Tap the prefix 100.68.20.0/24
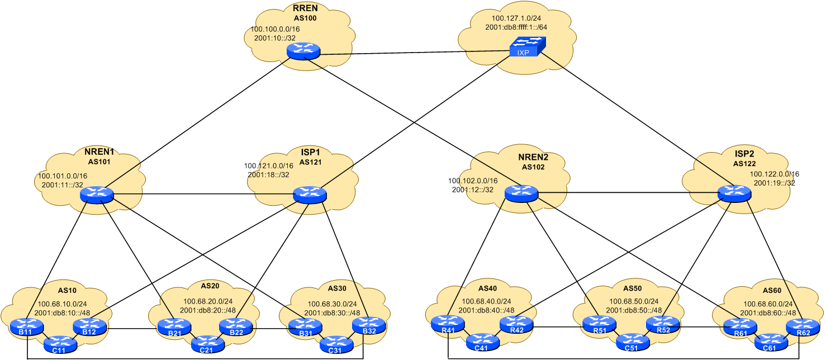pyautogui.click(x=210, y=301)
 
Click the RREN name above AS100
pyautogui.click(x=305, y=8)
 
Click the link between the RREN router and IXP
pyautogui.click(x=414, y=54)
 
